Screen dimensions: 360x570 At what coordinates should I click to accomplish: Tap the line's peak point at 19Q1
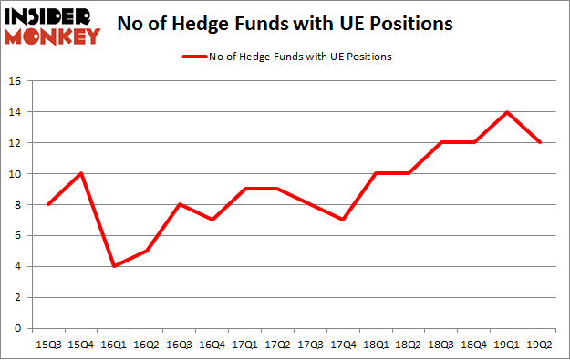coord(506,112)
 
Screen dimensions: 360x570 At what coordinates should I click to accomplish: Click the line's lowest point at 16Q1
coord(114,266)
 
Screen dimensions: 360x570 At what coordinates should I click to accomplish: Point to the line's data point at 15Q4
coord(81,174)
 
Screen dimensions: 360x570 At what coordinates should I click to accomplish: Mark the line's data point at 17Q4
coord(343,220)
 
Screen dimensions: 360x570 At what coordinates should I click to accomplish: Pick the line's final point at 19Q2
coord(539,143)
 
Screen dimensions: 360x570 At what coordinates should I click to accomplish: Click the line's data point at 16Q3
coord(180,204)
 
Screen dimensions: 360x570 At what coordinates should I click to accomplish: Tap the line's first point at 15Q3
coord(48,204)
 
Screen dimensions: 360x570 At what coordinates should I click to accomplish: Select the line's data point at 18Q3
coord(441,143)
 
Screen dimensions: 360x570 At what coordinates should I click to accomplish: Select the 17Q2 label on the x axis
coord(277,344)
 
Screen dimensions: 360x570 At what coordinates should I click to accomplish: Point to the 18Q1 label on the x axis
coord(376,344)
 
